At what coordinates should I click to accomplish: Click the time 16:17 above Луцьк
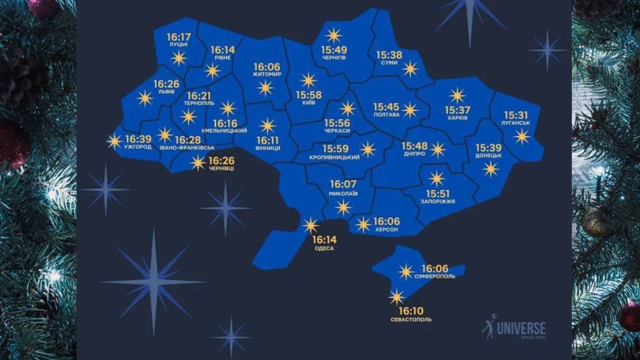pyautogui.click(x=178, y=37)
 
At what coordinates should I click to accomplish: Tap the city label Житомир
pyautogui.click(x=267, y=75)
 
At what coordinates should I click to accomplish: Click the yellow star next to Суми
pyautogui.click(x=410, y=69)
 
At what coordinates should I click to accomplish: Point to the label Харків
pyautogui.click(x=457, y=118)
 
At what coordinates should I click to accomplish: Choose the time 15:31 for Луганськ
pyautogui.click(x=516, y=115)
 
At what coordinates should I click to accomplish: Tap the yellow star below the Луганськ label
pyautogui.click(x=522, y=137)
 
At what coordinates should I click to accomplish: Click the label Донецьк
pyautogui.click(x=488, y=155)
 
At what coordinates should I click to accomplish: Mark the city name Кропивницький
pyautogui.click(x=334, y=158)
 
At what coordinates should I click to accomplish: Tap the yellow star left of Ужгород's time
pyautogui.click(x=114, y=141)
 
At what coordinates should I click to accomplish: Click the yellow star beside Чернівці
pyautogui.click(x=198, y=163)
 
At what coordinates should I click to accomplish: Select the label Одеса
pyautogui.click(x=324, y=248)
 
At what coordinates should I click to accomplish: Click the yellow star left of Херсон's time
pyautogui.click(x=363, y=225)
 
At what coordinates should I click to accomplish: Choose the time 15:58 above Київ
pyautogui.click(x=309, y=95)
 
